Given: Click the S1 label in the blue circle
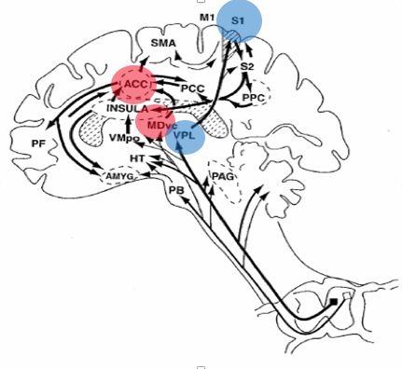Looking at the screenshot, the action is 238,21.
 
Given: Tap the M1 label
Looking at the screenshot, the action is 207,18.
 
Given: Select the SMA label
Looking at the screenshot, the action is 163,43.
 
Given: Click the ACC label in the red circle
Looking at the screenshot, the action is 135,84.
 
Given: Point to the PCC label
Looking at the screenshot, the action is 193,89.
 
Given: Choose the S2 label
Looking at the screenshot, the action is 247,66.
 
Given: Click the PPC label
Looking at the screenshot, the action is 254,98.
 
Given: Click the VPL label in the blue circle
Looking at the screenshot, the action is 185,136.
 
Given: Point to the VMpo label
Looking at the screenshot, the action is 124,138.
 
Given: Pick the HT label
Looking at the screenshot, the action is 137,158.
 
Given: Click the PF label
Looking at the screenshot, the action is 38,143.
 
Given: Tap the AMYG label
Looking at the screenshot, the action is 119,176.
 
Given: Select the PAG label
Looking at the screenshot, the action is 223,176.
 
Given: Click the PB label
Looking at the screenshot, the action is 176,190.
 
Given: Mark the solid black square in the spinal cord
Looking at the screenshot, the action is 334,301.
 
